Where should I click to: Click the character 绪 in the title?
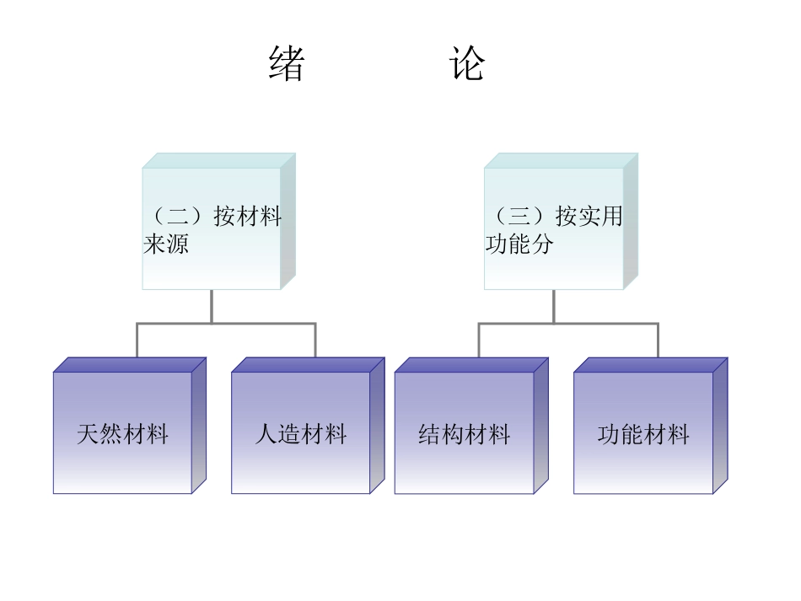click(287, 64)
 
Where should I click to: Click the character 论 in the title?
click(468, 64)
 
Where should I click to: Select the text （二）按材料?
click(212, 217)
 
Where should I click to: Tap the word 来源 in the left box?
click(166, 244)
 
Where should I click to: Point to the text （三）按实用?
click(554, 217)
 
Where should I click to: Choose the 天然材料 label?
click(123, 435)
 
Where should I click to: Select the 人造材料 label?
click(301, 435)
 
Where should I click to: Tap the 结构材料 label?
click(465, 435)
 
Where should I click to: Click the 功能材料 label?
click(643, 435)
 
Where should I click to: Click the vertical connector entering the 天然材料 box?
click(137, 341)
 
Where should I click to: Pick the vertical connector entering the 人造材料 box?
click(315, 341)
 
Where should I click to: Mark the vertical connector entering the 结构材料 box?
click(479, 341)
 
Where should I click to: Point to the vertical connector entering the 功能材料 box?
click(658, 341)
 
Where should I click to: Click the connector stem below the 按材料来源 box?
click(212, 305)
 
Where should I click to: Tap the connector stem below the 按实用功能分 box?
click(554, 305)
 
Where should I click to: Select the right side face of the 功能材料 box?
click(720, 426)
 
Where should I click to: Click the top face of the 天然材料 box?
click(130, 365)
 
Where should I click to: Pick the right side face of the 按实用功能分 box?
click(631, 221)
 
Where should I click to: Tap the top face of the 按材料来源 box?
click(219, 160)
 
